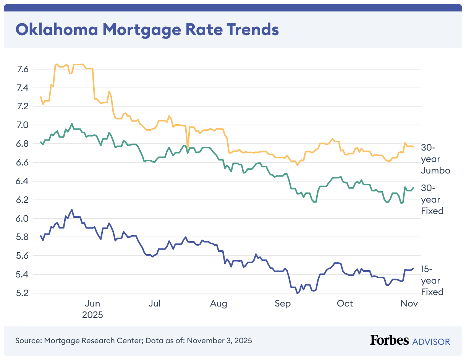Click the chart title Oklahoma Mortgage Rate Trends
pyautogui.click(x=147, y=29)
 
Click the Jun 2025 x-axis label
pyautogui.click(x=92, y=309)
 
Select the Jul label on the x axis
pyautogui.click(x=154, y=303)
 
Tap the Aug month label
pyautogui.click(x=219, y=303)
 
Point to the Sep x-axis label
pyautogui.click(x=282, y=303)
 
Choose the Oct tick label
pyautogui.click(x=345, y=303)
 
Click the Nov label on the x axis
pyautogui.click(x=409, y=303)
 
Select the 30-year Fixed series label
pyautogui.click(x=432, y=199)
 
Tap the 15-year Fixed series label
pyautogui.click(x=432, y=281)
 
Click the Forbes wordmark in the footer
pyautogui.click(x=389, y=340)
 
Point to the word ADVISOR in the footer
pyautogui.click(x=431, y=341)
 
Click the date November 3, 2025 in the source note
pyautogui.click(x=219, y=340)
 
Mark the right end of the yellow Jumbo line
pyautogui.click(x=413, y=147)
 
